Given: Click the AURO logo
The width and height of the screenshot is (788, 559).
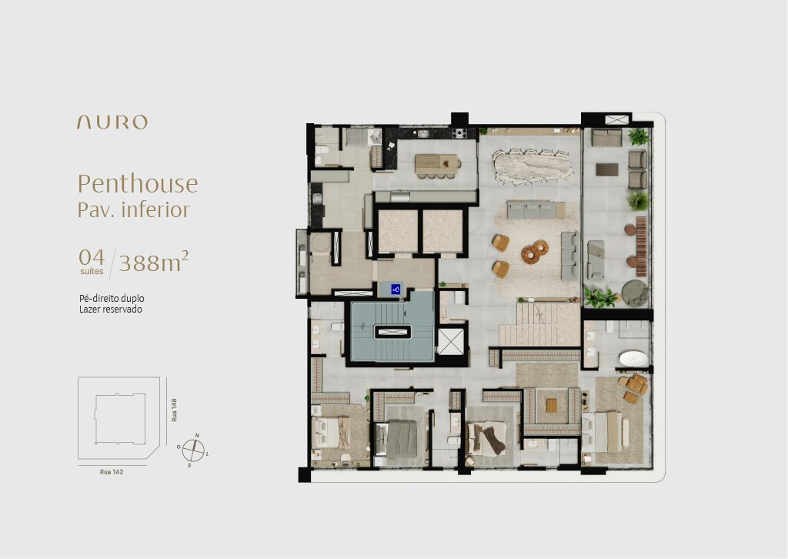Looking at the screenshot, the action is coord(112,122).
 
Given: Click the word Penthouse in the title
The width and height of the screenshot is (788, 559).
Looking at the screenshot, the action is coord(138,184).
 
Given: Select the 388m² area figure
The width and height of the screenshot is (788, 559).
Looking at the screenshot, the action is coord(154,261).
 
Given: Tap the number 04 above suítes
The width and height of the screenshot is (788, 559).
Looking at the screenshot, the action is coord(92,257).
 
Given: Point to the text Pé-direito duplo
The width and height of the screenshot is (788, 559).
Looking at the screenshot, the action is coord(112,299).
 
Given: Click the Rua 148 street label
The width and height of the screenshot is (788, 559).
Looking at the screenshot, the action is coord(174,410).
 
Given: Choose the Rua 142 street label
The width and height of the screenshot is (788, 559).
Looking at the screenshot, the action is coord(111,472).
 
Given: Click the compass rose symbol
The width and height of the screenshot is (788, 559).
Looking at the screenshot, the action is coord(193,450).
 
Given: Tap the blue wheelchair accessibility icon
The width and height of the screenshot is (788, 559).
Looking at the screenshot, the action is coord(396,289).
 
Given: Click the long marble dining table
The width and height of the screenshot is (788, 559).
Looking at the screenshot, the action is coord(533,163).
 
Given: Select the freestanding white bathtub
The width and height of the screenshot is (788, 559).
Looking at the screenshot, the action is coord(633,359).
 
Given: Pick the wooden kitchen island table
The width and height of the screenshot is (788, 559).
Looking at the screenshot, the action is coord(437,163).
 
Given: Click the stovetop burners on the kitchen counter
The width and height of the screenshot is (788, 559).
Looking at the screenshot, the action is coord(459,133).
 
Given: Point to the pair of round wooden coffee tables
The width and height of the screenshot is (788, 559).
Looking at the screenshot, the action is coord(534,251).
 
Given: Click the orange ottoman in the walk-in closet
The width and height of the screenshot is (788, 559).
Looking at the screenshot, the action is coord(551,405).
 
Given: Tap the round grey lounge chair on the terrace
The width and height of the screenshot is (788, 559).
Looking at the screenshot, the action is coord(635,293).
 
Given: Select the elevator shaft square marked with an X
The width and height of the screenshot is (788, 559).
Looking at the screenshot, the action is coord(450,342).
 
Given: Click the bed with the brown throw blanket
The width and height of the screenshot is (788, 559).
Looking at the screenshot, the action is coord(486,438).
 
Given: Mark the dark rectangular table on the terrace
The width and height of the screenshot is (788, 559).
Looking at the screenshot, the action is coord(607,169).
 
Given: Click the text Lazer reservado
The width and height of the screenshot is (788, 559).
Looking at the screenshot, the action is coord(111,310).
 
